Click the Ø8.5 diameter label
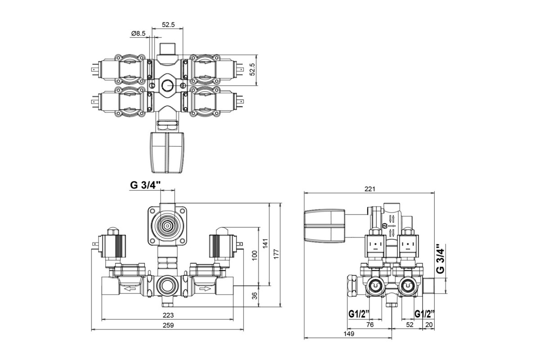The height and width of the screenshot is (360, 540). (139, 33)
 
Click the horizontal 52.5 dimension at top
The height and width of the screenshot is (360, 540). (169, 25)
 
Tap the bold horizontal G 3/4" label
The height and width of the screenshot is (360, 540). (146, 185)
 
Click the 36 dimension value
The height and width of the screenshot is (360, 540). (254, 296)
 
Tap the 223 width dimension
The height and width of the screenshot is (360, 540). (167, 315)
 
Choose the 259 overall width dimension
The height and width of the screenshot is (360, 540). (167, 325)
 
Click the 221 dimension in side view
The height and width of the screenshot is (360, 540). (369, 189)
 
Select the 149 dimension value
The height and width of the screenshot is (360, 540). (349, 333)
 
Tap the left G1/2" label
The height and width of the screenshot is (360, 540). (359, 314)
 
